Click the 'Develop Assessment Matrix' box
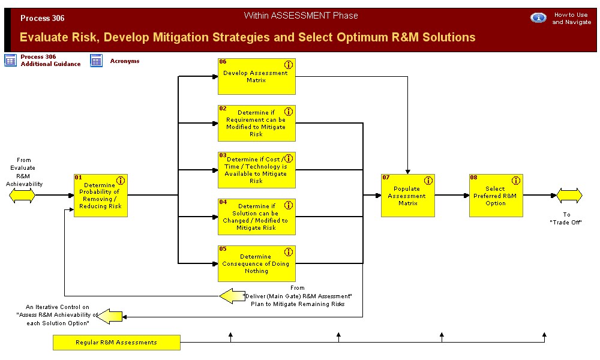256,77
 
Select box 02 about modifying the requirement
256,124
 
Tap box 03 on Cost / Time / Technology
256,170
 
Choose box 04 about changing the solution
256,217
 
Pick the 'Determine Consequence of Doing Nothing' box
256,264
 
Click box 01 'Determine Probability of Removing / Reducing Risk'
100,196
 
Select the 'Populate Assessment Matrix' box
407,196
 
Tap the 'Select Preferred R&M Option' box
496,196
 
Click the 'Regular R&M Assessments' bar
116,343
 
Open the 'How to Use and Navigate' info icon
538,18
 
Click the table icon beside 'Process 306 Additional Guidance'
11,60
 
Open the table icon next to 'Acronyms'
97,60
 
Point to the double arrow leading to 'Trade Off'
569,196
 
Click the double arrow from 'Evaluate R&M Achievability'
22,196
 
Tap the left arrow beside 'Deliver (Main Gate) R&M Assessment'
232,296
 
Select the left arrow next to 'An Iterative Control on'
110,316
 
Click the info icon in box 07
428,181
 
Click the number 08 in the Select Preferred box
473,178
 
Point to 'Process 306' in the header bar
43,19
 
